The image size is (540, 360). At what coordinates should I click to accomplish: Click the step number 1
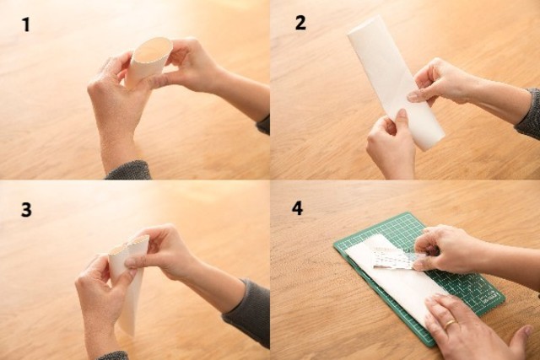pyautogui.click(x=26, y=24)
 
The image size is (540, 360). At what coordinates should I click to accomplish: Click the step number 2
pyautogui.click(x=300, y=23)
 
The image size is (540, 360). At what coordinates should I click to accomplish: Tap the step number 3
pyautogui.click(x=26, y=209)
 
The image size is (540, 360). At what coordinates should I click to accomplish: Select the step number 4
pyautogui.click(x=297, y=208)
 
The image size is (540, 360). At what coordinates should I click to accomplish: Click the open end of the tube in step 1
pyautogui.click(x=153, y=51)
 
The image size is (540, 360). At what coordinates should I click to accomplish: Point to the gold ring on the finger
pyautogui.click(x=450, y=325)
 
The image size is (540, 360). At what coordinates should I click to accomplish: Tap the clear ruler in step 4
pyautogui.click(x=396, y=257)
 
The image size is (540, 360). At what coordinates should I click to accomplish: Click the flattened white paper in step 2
pyautogui.click(x=396, y=83)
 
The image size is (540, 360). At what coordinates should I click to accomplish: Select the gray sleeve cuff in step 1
pyautogui.click(x=129, y=170)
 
